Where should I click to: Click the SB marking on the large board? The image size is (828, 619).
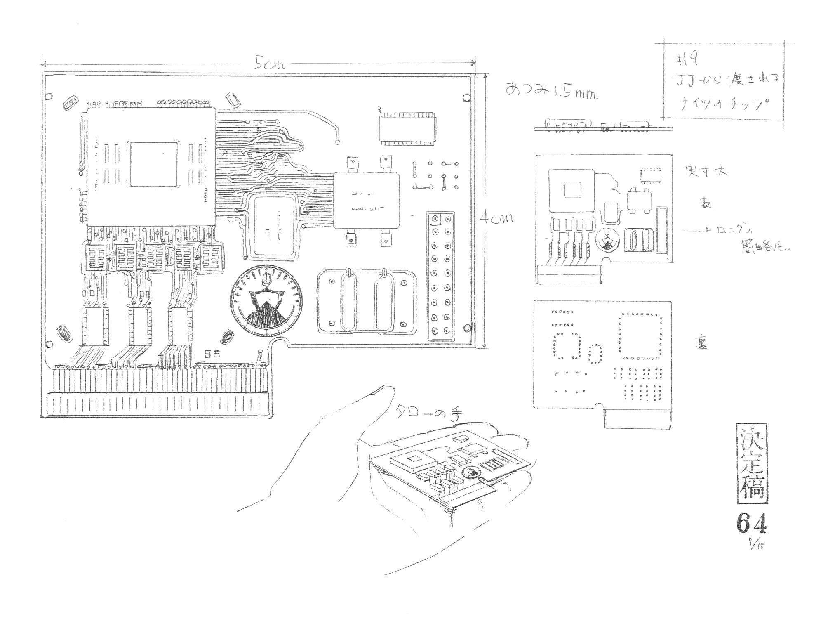[214, 353]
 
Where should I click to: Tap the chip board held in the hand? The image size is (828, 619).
[449, 470]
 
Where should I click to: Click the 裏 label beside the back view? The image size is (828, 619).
[702, 343]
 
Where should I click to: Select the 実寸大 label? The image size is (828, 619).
[706, 171]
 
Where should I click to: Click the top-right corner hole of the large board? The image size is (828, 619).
[466, 97]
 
